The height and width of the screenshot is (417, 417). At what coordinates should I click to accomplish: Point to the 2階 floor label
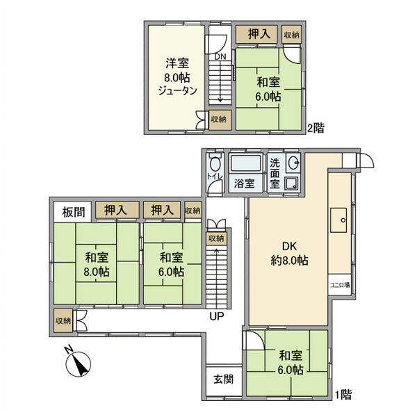pos(316,128)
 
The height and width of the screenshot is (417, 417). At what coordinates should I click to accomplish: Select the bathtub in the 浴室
pos(245,165)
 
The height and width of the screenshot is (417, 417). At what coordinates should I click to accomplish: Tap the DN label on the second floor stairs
pos(220,56)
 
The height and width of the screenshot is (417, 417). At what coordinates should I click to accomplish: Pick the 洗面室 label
pos(275,172)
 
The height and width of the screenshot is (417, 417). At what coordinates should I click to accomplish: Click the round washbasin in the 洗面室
pos(293,165)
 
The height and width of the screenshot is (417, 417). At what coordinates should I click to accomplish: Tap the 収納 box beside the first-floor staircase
pos(217,238)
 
